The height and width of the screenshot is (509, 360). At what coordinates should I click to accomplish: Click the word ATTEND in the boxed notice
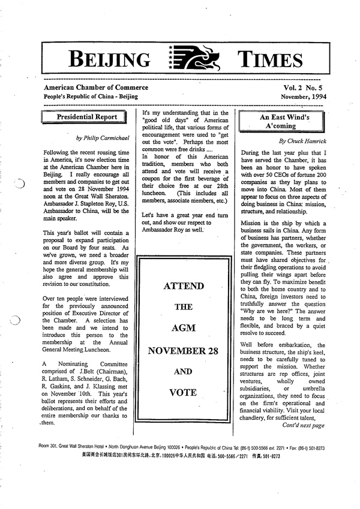point(185,286)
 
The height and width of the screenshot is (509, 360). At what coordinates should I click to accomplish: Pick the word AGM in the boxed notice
point(185,329)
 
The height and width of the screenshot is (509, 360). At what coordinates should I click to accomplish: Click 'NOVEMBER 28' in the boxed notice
point(185,350)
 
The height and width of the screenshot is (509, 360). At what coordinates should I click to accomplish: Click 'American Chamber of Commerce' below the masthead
point(91,88)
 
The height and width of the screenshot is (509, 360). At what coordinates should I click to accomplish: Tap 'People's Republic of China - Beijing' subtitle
point(91,97)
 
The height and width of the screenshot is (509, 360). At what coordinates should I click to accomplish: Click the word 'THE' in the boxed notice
point(185,308)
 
